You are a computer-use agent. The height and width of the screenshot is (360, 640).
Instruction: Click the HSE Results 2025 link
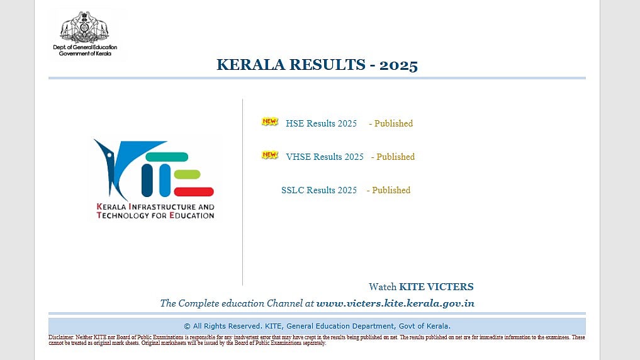click(321, 123)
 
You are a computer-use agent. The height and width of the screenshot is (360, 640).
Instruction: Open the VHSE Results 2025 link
click(325, 157)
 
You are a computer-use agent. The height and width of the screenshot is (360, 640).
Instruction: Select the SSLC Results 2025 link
click(319, 190)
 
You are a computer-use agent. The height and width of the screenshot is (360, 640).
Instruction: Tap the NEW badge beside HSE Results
click(270, 121)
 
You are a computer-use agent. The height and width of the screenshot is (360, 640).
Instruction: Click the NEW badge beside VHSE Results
click(270, 155)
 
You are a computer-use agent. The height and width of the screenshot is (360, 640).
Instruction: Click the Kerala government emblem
click(84, 27)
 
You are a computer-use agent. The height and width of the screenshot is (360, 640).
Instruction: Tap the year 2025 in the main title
click(398, 65)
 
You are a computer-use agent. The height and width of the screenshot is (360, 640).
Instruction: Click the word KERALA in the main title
click(250, 64)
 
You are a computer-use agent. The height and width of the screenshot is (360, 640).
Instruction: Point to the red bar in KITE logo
click(194, 192)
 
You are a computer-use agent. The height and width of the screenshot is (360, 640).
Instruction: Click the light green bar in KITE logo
click(187, 174)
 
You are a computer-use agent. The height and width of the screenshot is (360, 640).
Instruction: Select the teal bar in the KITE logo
click(167, 157)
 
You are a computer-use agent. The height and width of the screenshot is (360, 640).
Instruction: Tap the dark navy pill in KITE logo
click(147, 181)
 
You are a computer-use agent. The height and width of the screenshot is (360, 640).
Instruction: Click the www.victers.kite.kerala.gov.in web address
click(395, 303)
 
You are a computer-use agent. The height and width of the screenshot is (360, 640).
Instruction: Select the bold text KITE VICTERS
click(436, 287)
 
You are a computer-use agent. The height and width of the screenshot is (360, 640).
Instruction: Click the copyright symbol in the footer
click(187, 326)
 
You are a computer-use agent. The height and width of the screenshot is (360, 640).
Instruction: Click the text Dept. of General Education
click(85, 47)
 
